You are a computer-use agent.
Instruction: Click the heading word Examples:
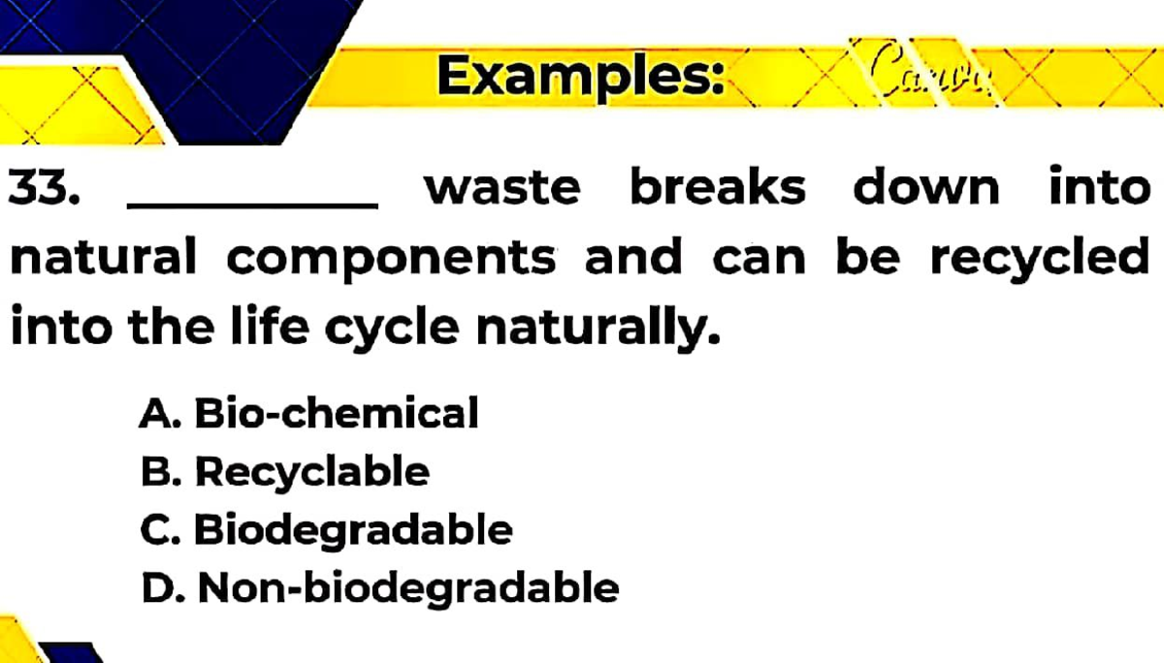[x=580, y=76]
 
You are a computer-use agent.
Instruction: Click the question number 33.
[x=44, y=187]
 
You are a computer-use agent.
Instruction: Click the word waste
[x=502, y=187]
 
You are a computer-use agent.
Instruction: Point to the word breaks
[x=717, y=187]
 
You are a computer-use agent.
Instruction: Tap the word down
[x=925, y=187]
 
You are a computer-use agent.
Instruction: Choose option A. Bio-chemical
[x=309, y=414]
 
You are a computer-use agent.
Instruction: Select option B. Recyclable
[x=284, y=473]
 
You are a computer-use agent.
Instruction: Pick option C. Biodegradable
[x=326, y=530]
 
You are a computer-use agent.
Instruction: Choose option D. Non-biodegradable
[x=379, y=587]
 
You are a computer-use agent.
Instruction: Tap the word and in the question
[x=633, y=258]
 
